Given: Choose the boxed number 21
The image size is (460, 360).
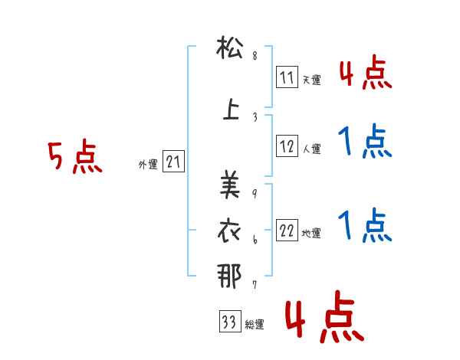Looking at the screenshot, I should (173, 162).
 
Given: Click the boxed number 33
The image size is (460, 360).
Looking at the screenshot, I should (228, 322).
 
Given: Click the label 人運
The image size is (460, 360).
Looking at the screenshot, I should (312, 147).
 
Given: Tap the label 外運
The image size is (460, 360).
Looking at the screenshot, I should (148, 165).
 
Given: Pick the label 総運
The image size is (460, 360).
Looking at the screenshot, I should (255, 326).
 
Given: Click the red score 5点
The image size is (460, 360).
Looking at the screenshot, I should (75, 158).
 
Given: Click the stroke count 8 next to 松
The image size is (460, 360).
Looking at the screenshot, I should (255, 55).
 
